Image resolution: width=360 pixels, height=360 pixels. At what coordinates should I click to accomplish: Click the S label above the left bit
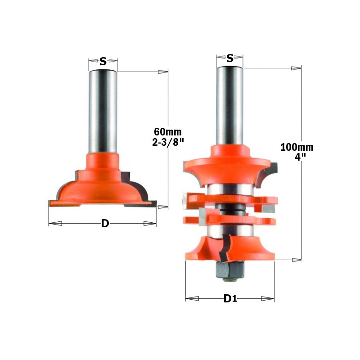pyautogui.click(x=103, y=62)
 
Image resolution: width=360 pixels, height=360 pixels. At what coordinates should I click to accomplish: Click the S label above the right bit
pyautogui.click(x=230, y=58)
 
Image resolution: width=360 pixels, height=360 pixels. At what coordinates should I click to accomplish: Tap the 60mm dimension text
pyautogui.click(x=167, y=132)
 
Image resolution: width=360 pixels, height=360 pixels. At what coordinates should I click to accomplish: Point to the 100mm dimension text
pyautogui.click(x=297, y=147)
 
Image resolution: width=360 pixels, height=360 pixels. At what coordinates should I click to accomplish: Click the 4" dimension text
pyautogui.click(x=297, y=157)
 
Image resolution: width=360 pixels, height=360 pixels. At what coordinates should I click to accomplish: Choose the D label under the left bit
pyautogui.click(x=105, y=224)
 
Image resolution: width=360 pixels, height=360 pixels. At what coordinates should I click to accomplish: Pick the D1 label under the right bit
pyautogui.click(x=230, y=299)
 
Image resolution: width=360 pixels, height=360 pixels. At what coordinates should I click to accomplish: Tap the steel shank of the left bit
pyautogui.click(x=103, y=112)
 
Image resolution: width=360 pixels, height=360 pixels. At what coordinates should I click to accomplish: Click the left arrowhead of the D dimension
pyautogui.click(x=55, y=224)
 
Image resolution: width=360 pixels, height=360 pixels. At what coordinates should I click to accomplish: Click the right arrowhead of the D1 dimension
pyautogui.click(x=268, y=298)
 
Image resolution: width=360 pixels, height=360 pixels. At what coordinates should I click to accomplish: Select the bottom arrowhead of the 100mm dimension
pyautogui.click(x=296, y=260)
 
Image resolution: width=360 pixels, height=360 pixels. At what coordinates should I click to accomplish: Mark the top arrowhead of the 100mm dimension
pyautogui.click(x=296, y=68)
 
